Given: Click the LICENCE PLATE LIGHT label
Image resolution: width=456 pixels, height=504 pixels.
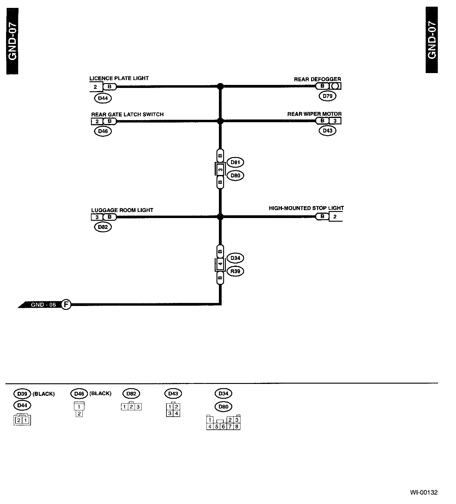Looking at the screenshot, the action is [x=119, y=78].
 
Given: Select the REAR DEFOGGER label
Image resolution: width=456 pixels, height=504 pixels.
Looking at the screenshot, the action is [x=317, y=79].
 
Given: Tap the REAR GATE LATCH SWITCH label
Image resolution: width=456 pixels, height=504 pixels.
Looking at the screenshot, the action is [x=127, y=114].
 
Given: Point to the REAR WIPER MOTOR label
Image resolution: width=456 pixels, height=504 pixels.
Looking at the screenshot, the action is [x=314, y=114].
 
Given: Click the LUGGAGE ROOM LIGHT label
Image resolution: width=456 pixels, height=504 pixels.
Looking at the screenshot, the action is [x=122, y=210].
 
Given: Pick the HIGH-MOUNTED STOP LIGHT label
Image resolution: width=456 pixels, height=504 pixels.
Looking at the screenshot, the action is [x=306, y=208].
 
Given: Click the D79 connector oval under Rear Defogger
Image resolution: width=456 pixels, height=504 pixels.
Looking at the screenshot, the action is [x=327, y=96].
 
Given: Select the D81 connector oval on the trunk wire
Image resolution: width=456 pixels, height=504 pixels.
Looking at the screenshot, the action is [x=235, y=162].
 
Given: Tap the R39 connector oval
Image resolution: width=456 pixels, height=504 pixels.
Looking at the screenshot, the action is [x=235, y=271].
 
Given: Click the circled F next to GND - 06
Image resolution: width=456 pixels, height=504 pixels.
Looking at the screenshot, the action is [x=66, y=304].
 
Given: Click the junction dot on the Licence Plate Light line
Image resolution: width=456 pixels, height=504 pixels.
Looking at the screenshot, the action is [x=220, y=86].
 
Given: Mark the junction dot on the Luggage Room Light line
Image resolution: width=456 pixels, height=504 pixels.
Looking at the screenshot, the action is [x=220, y=217].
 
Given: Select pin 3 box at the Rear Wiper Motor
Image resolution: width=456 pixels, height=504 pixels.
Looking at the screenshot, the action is [x=335, y=121].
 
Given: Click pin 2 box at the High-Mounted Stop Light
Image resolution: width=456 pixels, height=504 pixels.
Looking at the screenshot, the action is [x=335, y=217].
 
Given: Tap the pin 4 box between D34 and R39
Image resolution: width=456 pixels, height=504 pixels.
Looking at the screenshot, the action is [x=220, y=264].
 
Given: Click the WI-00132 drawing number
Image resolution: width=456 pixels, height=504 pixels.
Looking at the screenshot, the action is [x=424, y=492].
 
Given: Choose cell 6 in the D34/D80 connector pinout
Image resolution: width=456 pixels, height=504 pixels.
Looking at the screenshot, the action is [x=223, y=427].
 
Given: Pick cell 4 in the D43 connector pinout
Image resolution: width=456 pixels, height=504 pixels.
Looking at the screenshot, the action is [x=176, y=413].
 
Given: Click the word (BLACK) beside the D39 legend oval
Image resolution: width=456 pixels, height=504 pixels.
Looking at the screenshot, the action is [x=43, y=394].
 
